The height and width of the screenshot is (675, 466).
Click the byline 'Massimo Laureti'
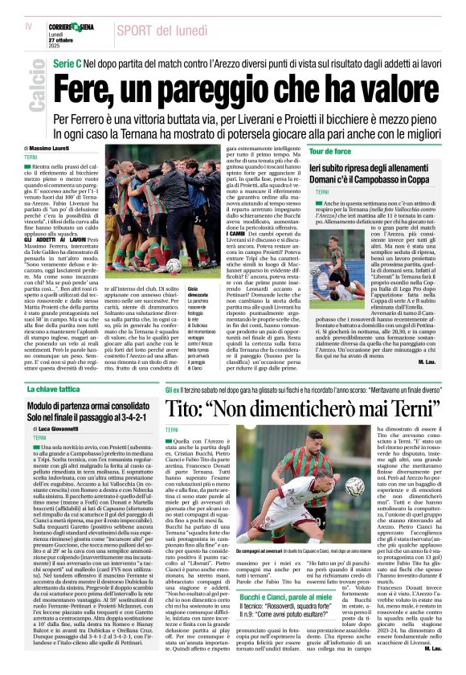coord(51,149)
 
